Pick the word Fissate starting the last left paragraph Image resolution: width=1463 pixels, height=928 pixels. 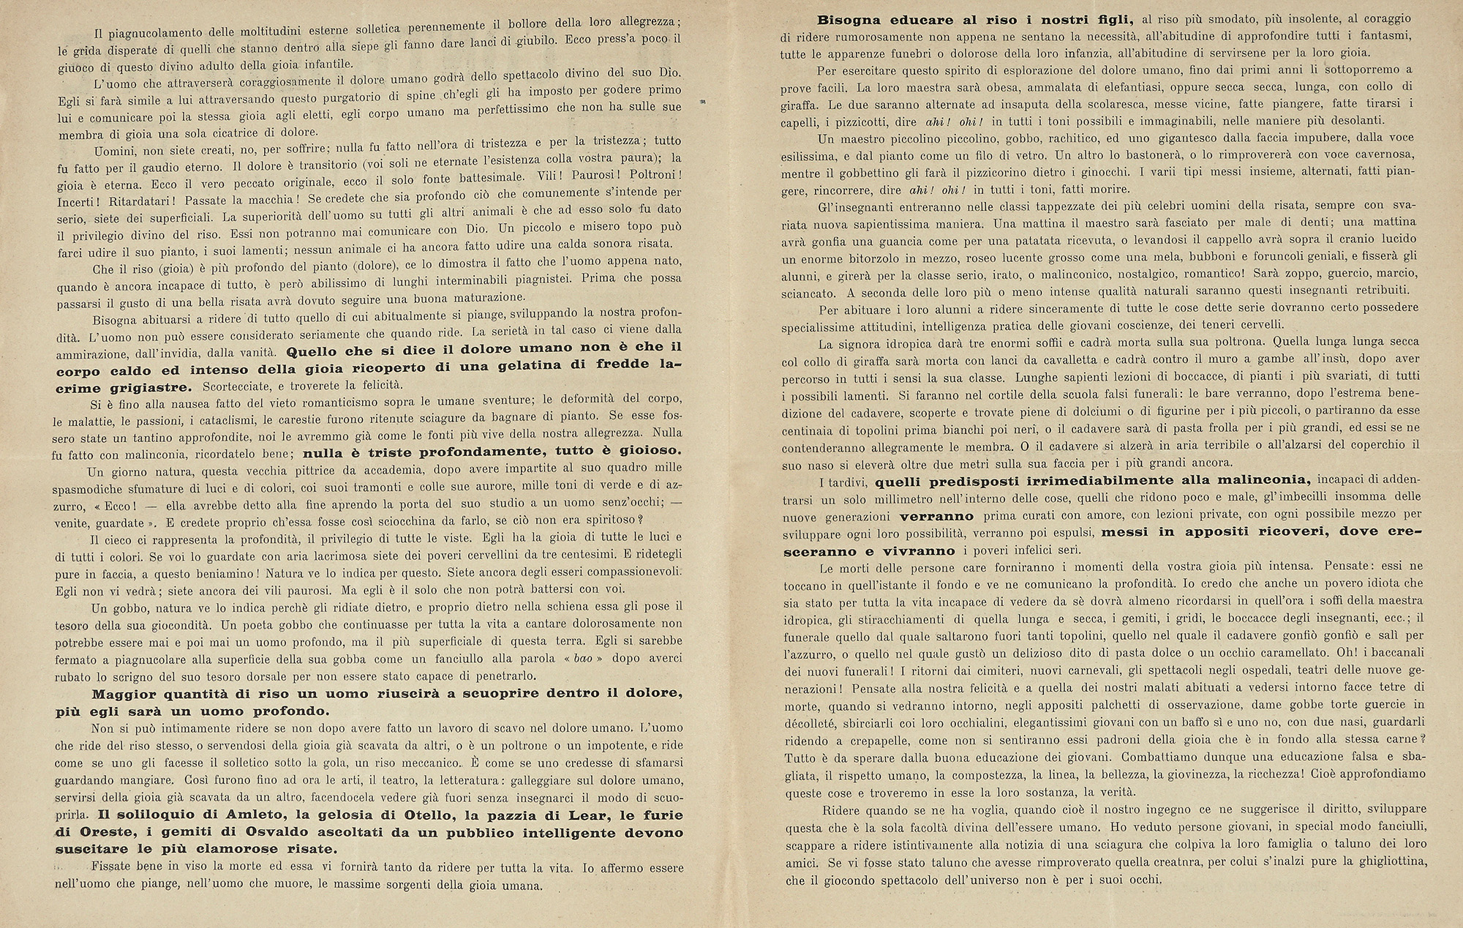(x=116, y=869)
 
